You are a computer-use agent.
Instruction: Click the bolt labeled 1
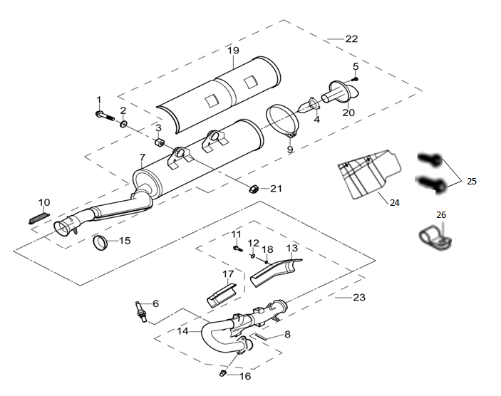click(x=105, y=115)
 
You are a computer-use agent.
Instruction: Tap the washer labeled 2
click(x=124, y=124)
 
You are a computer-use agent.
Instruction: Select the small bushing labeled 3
click(x=160, y=142)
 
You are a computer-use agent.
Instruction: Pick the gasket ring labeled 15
click(x=100, y=244)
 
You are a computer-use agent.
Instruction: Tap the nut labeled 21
click(x=254, y=189)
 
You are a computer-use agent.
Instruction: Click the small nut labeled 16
click(x=222, y=372)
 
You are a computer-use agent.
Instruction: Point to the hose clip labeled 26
click(x=435, y=239)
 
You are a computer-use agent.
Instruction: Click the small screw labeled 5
click(x=355, y=78)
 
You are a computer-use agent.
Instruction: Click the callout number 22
click(x=351, y=39)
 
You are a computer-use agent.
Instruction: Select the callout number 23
click(x=359, y=297)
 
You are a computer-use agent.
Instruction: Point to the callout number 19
click(x=233, y=51)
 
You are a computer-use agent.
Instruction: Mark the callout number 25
click(x=472, y=182)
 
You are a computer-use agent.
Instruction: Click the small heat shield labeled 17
click(x=221, y=296)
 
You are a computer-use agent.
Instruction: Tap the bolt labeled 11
click(x=238, y=248)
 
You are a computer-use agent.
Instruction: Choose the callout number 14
click(x=183, y=331)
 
